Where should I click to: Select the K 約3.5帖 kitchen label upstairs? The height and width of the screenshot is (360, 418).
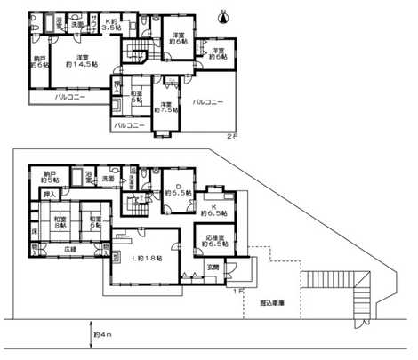coord(110,25)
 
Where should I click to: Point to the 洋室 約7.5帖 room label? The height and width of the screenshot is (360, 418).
coord(165,105)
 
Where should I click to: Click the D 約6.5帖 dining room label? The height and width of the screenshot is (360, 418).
coord(174,189)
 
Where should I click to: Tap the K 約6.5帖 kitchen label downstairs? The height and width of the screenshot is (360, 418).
coord(215,210)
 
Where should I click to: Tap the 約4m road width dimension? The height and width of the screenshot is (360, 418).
coord(106,336)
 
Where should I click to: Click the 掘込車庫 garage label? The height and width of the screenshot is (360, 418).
coord(272,304)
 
